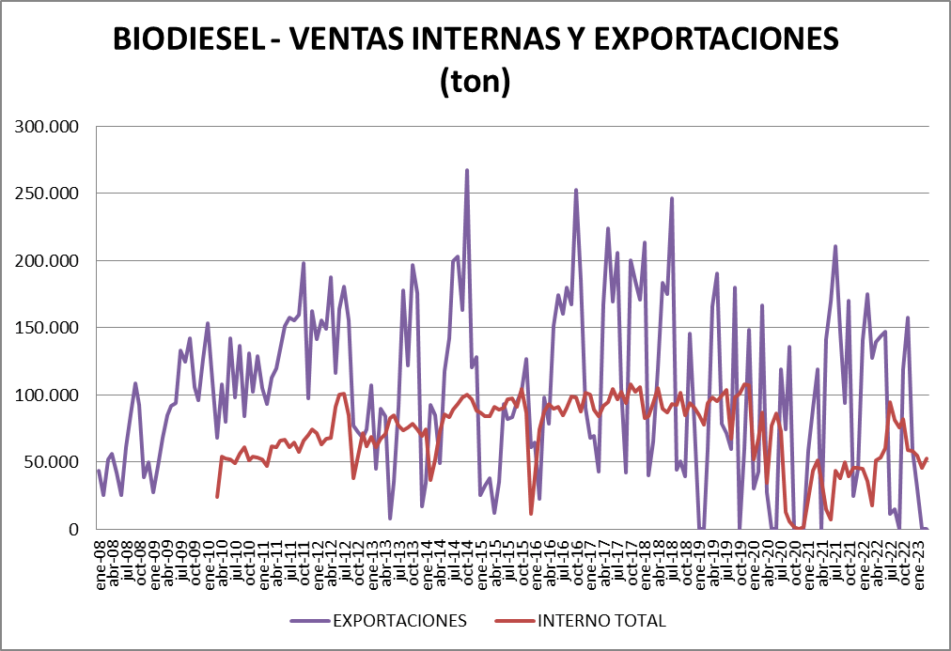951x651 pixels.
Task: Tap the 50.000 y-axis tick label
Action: coord(54,461)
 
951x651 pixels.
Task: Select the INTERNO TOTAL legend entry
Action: coord(601,621)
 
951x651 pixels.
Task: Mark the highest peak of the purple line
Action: coord(467,171)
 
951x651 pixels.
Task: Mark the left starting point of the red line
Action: coord(217,496)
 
